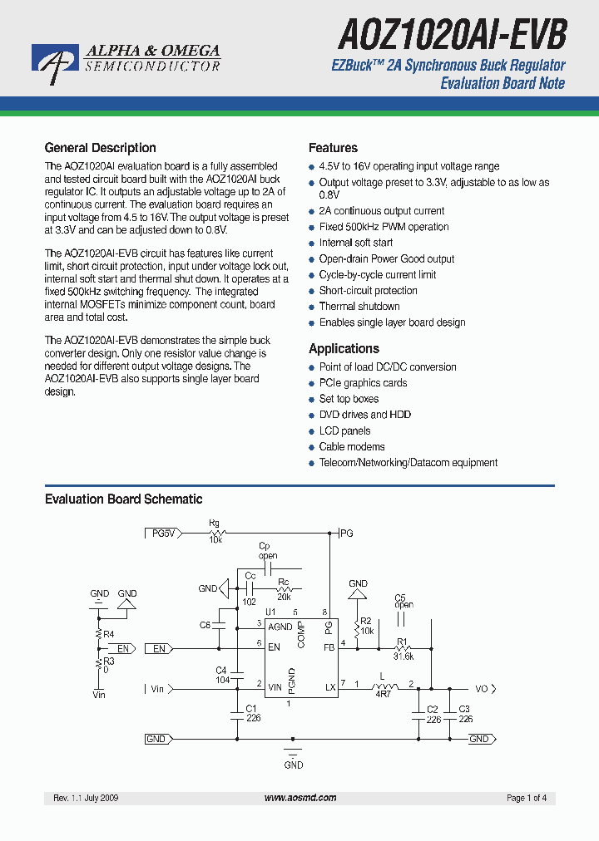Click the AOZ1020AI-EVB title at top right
coord(453,36)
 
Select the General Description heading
coord(100,148)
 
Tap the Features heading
coord(333,148)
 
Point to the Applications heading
coord(344,349)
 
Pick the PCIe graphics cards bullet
coord(363,383)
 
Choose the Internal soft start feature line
coord(356,243)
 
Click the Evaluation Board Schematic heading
coord(123,499)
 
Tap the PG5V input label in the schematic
coord(162,534)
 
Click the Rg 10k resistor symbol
coord(215,533)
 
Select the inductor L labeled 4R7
coord(383,687)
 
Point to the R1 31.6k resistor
coord(403,649)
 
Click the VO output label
coord(483,689)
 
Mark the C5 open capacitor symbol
coord(402,618)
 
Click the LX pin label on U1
coord(329,687)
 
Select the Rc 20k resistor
coord(284,589)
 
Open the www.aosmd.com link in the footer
coord(300,798)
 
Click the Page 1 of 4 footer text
coord(527,798)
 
